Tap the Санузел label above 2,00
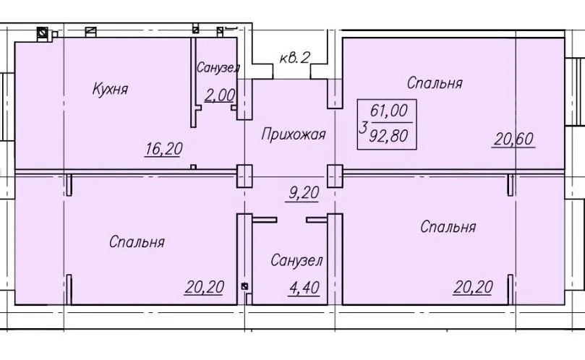[218, 68]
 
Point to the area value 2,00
[220, 94]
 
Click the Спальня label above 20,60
[434, 82]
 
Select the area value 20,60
[514, 139]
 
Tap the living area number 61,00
[390, 111]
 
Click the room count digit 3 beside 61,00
[362, 129]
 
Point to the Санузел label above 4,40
[296, 260]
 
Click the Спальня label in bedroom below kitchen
[137, 241]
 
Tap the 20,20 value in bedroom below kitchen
[204, 287]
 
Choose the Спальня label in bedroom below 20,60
[448, 227]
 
